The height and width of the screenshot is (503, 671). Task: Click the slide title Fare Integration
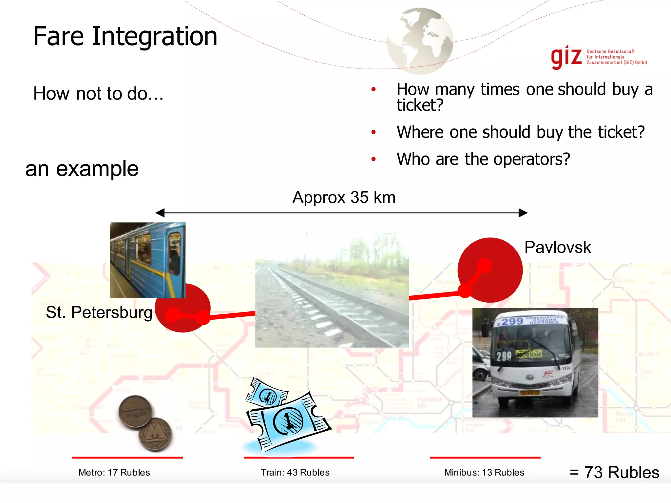[125, 36]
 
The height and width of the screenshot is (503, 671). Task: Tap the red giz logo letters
[566, 57]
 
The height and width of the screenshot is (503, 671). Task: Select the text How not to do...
[98, 94]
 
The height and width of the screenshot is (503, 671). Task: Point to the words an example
[82, 169]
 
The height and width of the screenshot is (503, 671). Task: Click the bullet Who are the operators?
[483, 159]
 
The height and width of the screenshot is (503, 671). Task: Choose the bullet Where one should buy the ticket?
[520, 132]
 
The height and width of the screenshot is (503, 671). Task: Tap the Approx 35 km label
[344, 197]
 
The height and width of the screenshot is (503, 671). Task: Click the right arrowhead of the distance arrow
[523, 213]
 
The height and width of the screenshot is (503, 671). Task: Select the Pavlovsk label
[557, 247]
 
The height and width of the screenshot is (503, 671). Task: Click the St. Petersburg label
[99, 312]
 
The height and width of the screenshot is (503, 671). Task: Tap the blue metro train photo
[147, 260]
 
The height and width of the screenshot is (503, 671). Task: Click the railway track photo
[332, 290]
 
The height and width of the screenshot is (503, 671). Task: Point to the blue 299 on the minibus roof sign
[512, 321]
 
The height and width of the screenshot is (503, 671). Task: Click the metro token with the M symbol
[155, 435]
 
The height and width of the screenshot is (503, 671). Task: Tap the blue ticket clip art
[287, 416]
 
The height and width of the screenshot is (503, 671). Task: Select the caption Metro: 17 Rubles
[114, 473]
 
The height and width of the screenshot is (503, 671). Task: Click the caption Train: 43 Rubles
[295, 473]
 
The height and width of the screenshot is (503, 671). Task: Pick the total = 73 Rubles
[614, 473]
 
